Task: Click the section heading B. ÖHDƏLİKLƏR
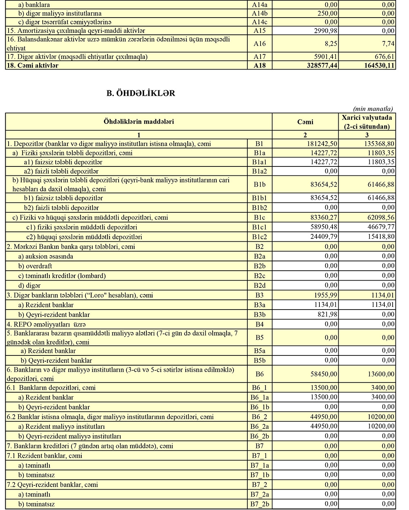pyautogui.click(x=141, y=93)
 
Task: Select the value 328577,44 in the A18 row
pyautogui.click(x=321, y=65)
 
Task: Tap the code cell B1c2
pyautogui.click(x=259, y=237)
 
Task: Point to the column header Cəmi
pyautogui.click(x=305, y=122)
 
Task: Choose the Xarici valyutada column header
pyautogui.click(x=366, y=122)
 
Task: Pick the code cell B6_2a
pyautogui.click(x=259, y=427)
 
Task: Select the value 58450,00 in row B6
pyautogui.click(x=323, y=374)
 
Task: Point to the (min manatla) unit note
pyautogui.click(x=373, y=109)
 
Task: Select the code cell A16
pyautogui.click(x=259, y=44)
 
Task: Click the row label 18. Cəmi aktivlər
pyautogui.click(x=33, y=65)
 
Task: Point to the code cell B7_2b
pyautogui.click(x=259, y=504)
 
